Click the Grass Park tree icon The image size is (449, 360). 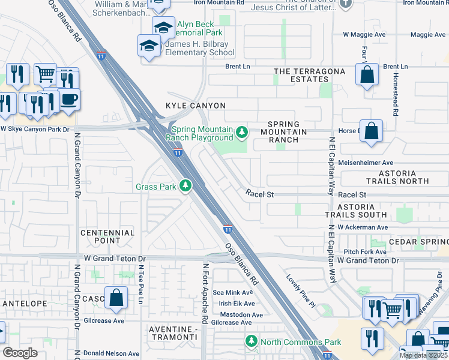[x=187, y=187]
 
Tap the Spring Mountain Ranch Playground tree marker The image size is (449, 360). [x=242, y=131]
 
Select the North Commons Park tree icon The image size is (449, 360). [x=252, y=342]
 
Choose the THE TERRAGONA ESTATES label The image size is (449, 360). [x=310, y=75]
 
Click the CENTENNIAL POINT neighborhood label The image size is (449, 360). [x=107, y=236]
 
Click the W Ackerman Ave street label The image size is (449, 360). [x=363, y=227]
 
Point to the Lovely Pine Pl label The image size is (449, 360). [x=301, y=291]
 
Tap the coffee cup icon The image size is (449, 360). [x=68, y=98]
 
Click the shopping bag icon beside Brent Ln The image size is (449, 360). [x=366, y=76]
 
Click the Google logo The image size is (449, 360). [x=20, y=353]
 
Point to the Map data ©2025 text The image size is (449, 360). [x=424, y=355]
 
